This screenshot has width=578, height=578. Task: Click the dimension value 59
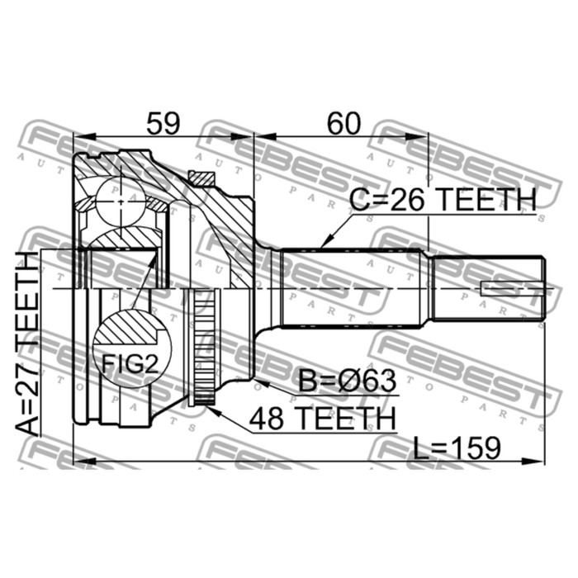[x=163, y=124]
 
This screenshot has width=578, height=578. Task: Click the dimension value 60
[x=343, y=124]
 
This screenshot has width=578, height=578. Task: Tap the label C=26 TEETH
[x=443, y=200]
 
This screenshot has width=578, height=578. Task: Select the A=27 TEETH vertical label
[x=27, y=344]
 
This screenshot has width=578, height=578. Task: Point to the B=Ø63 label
[x=347, y=381]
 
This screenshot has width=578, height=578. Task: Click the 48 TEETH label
[x=322, y=419]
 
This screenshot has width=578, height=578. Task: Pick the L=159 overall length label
[x=457, y=448]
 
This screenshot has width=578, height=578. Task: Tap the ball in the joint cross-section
[x=121, y=201]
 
